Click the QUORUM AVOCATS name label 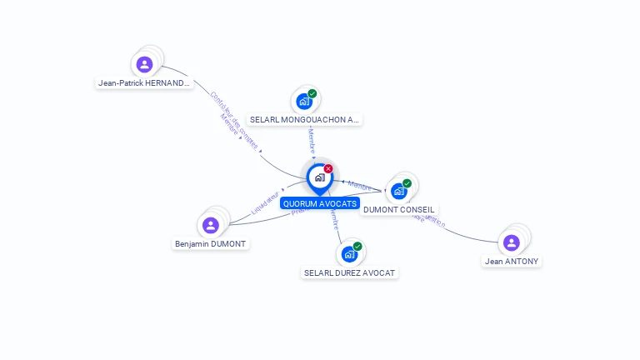point(320,203)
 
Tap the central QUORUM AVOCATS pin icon point(319,177)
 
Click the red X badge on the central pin point(328,168)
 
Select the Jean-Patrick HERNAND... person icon point(144,63)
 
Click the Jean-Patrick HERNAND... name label point(144,83)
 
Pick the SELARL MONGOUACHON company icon point(304,102)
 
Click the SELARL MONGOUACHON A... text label point(305,120)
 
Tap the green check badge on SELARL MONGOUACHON point(312,93)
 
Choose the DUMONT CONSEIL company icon point(399,192)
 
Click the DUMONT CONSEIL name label point(399,210)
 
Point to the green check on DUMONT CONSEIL point(407,183)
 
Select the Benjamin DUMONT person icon point(211,225)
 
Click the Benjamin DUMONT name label point(211,244)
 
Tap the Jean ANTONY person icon point(512,242)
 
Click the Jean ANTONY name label point(512,262)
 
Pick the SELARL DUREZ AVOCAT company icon point(349,254)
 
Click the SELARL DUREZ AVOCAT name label point(350,272)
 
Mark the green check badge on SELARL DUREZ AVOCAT point(357,247)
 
